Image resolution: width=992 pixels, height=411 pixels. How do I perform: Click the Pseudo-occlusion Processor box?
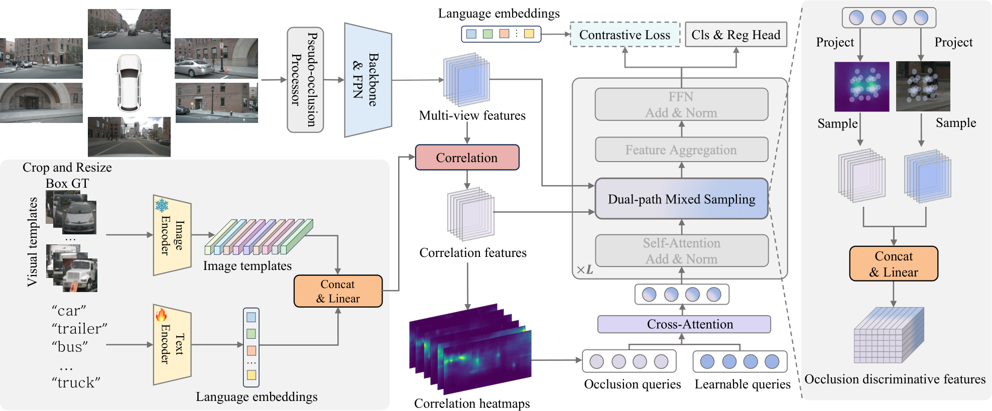pyautogui.click(x=305, y=80)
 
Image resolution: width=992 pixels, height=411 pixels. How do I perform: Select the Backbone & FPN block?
pyautogui.click(x=367, y=80)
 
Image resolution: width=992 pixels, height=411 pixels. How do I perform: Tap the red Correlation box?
pyautogui.click(x=467, y=158)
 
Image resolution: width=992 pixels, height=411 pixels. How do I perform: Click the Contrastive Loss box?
pyautogui.click(x=625, y=35)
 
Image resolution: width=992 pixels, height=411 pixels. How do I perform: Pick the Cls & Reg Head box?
pyautogui.click(x=735, y=35)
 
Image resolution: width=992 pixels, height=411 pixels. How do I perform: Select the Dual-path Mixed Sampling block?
pyautogui.click(x=681, y=199)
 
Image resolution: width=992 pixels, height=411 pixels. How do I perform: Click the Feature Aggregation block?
pyautogui.click(x=681, y=150)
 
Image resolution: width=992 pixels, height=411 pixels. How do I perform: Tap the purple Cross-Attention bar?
pyautogui.click(x=684, y=324)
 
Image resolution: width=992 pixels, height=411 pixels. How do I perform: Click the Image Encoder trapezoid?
pyautogui.click(x=172, y=235)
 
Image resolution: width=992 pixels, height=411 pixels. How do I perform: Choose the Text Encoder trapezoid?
pyautogui.click(x=172, y=345)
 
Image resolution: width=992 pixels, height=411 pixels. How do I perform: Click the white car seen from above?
pyautogui.click(x=129, y=83)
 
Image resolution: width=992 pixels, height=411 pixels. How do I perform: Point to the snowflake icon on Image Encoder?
pyautogui.click(x=162, y=205)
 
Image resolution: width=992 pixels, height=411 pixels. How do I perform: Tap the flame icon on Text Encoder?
pyautogui.click(x=161, y=315)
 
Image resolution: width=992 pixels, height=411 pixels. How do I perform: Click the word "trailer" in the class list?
pyautogui.click(x=79, y=329)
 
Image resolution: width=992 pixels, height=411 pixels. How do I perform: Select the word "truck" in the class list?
pyautogui.click(x=76, y=383)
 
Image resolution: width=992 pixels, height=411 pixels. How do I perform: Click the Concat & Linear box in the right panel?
pyautogui.click(x=893, y=264)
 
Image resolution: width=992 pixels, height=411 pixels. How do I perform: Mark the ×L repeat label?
pyautogui.click(x=585, y=270)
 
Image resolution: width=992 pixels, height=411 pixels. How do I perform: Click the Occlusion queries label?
pyautogui.click(x=632, y=384)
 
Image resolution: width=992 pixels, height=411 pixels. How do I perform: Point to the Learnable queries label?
pyautogui.click(x=742, y=384)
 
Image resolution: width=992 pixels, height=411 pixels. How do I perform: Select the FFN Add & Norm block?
pyautogui.click(x=681, y=104)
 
